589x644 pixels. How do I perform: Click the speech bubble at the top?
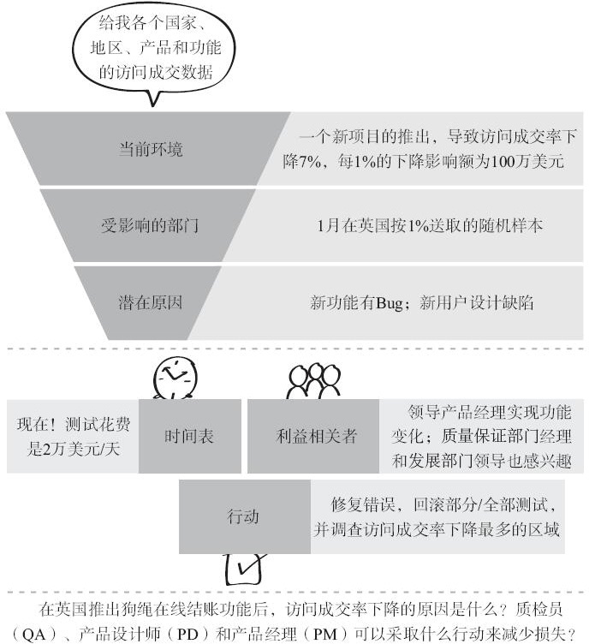click(x=154, y=49)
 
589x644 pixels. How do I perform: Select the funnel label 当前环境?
click(x=151, y=149)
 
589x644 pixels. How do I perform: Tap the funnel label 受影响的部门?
click(x=151, y=226)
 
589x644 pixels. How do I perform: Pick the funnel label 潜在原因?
click(x=151, y=302)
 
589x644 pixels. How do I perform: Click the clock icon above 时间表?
click(x=175, y=378)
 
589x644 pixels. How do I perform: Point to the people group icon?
click(x=314, y=382)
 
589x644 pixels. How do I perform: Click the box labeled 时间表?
click(x=189, y=436)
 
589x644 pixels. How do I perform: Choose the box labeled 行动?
click(x=243, y=517)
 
